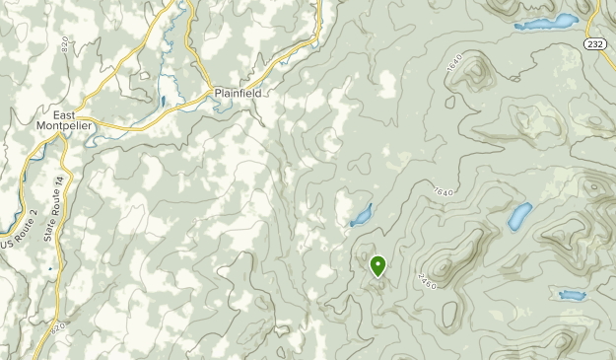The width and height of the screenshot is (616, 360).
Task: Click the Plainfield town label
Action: click(x=237, y=95)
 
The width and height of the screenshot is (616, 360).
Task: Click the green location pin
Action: click(x=377, y=265)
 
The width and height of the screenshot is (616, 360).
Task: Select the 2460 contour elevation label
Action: click(x=427, y=280)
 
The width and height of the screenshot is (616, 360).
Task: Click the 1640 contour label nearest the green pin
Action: click(x=441, y=190)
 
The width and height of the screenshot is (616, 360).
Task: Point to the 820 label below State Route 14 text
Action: click(x=59, y=326)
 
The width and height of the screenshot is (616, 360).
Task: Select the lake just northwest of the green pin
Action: click(x=362, y=214)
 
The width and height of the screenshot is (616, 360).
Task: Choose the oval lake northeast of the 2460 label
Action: click(x=519, y=216)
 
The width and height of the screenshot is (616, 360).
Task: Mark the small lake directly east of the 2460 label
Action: click(x=571, y=295)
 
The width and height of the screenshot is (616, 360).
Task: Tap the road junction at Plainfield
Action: click(x=209, y=92)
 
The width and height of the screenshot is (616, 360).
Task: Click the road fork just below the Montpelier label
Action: click(x=62, y=135)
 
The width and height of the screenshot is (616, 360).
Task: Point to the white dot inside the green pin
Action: click(x=377, y=263)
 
